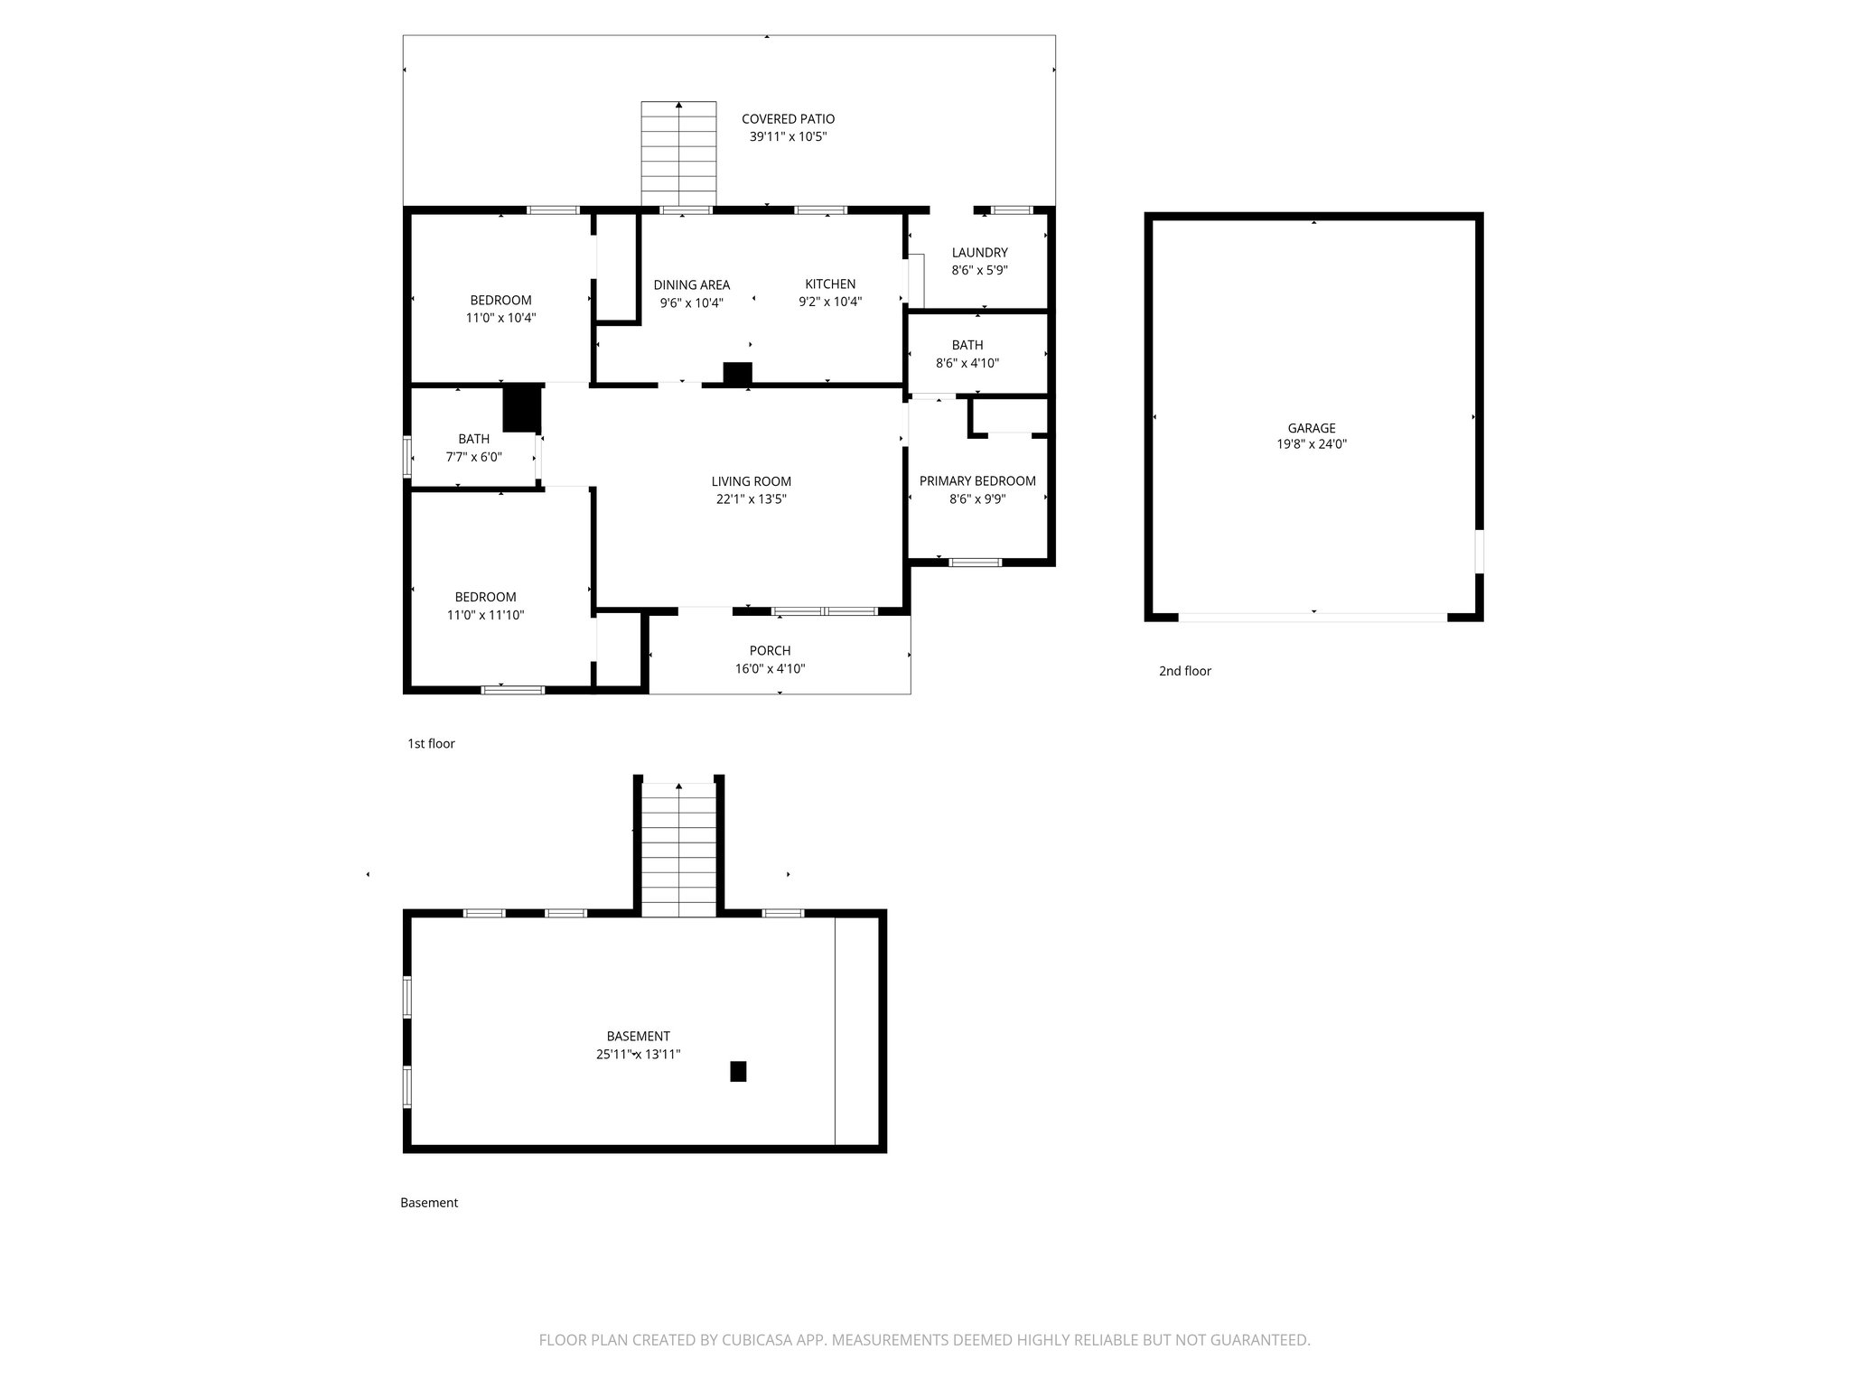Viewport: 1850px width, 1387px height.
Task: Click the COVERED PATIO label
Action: tap(788, 119)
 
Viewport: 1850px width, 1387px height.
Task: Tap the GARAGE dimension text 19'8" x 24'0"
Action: tap(1311, 444)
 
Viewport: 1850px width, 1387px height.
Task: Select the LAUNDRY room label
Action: tap(979, 253)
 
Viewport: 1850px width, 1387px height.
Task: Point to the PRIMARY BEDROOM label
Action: tap(977, 481)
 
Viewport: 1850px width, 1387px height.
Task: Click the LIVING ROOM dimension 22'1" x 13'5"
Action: tap(751, 499)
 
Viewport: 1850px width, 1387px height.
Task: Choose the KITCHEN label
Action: tap(830, 284)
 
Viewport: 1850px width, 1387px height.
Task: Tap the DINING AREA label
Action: tap(691, 285)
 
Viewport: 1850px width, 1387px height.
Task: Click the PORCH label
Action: tap(770, 651)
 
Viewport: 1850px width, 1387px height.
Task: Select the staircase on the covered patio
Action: tap(678, 154)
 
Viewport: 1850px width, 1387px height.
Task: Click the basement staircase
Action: tap(678, 849)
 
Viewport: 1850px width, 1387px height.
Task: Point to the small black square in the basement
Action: tap(738, 1071)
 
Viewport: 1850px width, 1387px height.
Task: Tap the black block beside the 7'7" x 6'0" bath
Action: tap(521, 408)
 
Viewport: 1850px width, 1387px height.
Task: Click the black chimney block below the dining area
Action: tap(737, 373)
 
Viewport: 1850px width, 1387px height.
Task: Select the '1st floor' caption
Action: tap(431, 744)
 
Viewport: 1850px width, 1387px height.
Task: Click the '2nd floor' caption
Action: tap(1184, 671)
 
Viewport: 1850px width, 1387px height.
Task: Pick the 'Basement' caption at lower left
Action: tap(429, 1203)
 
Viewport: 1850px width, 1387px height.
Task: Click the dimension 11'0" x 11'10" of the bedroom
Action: tap(485, 616)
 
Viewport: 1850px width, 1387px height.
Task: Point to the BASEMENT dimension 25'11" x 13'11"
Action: tap(638, 1054)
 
